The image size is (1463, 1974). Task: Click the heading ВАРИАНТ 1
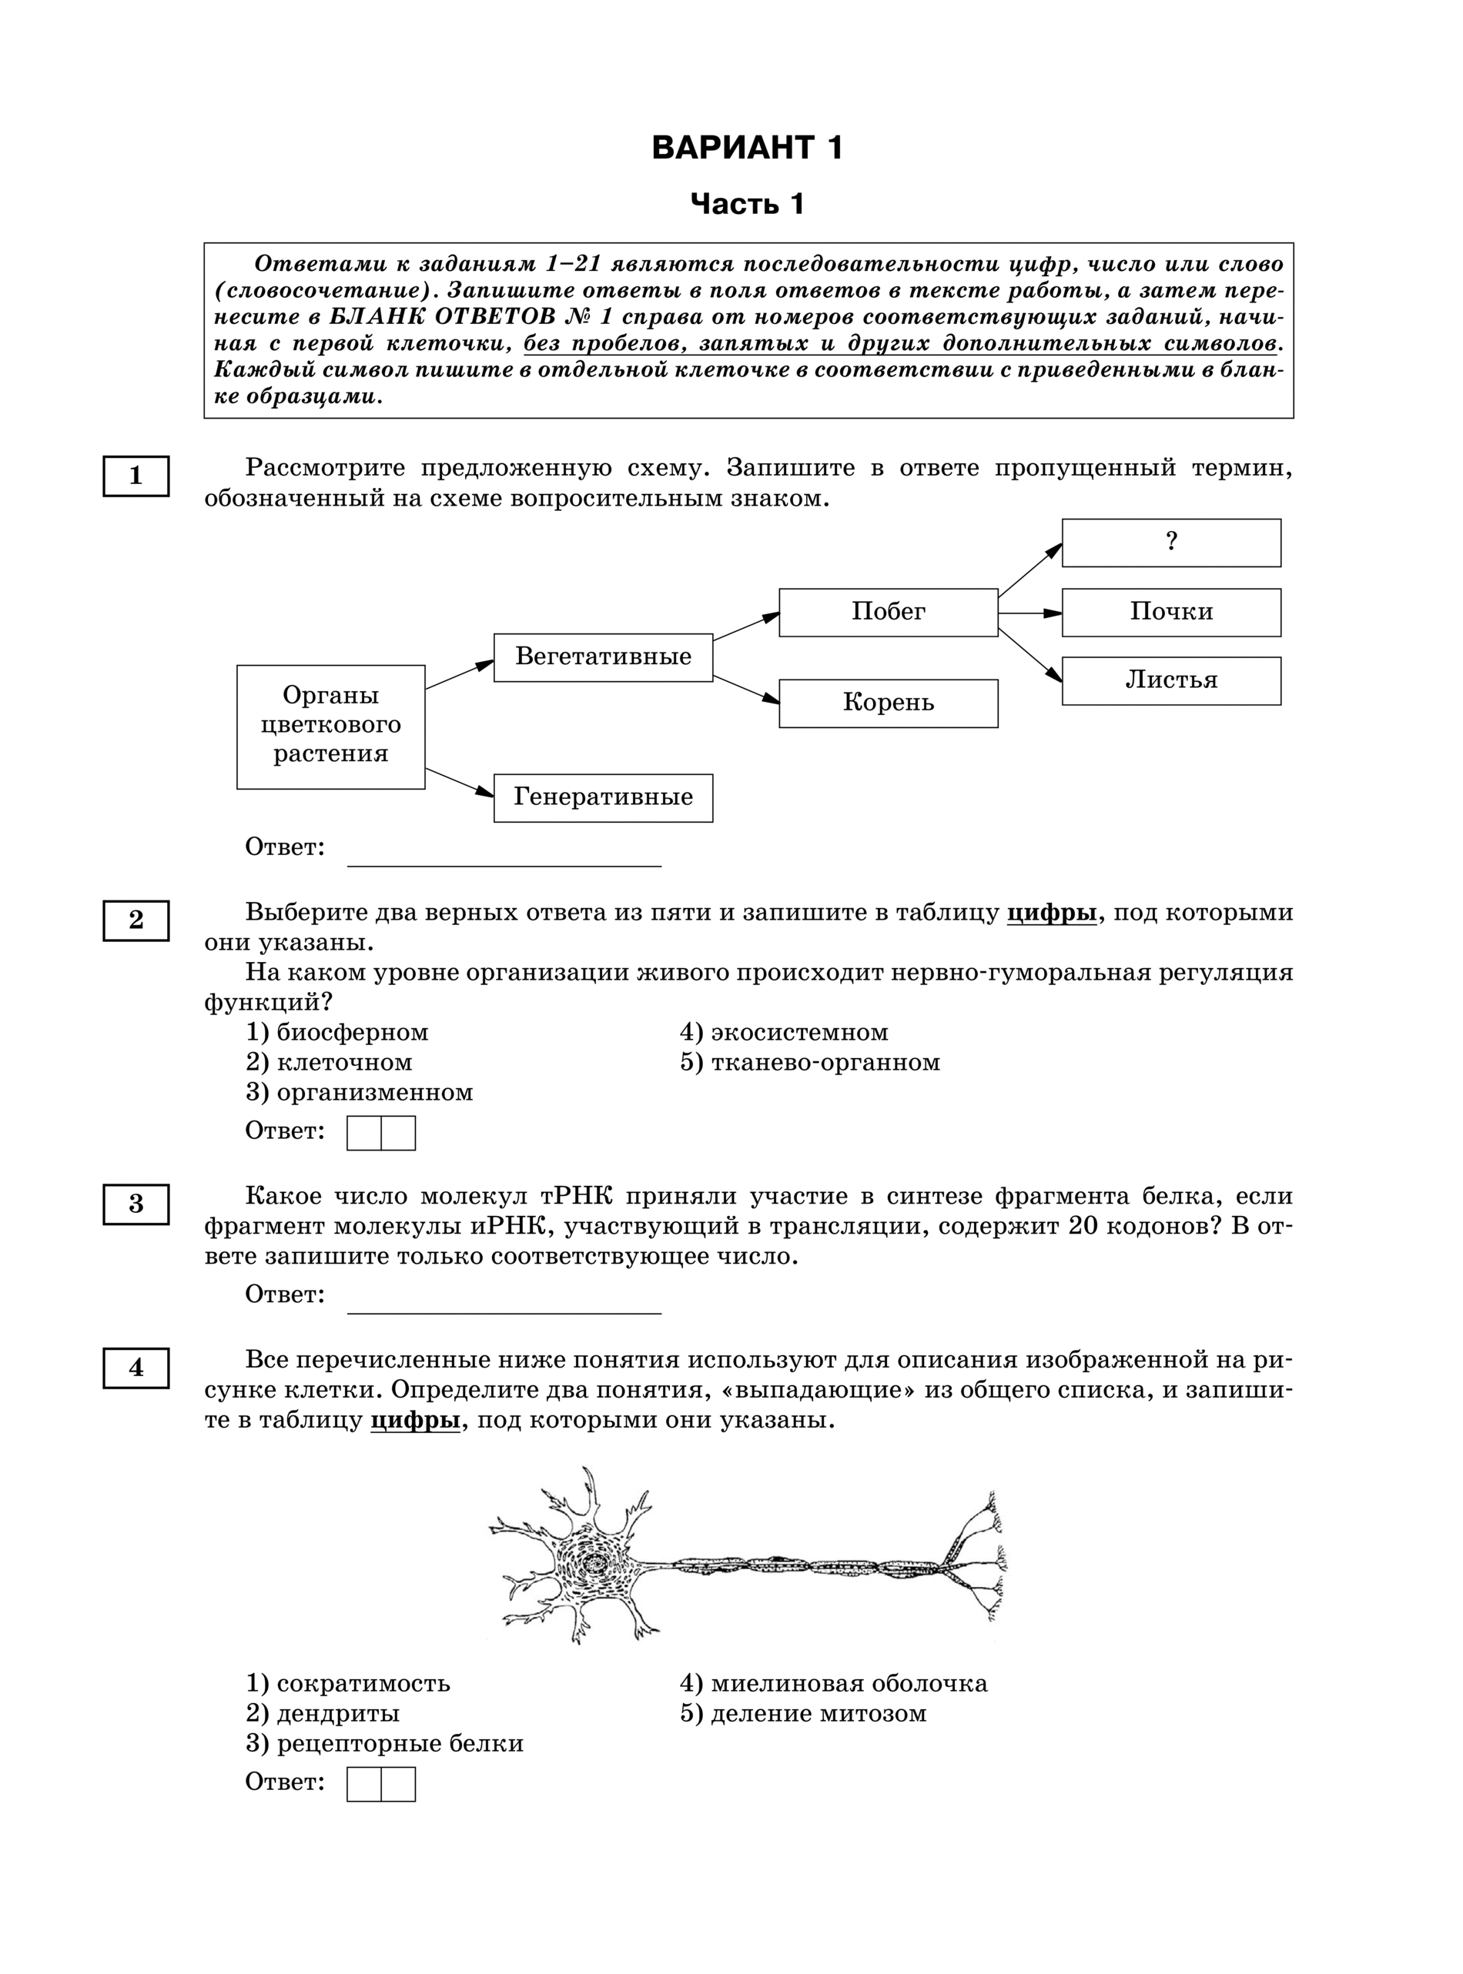pyautogui.click(x=747, y=148)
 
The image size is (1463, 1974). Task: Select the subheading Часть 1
pyautogui.click(x=747, y=205)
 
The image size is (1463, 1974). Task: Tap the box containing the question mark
pyautogui.click(x=1170, y=543)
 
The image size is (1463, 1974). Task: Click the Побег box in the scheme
pyautogui.click(x=889, y=612)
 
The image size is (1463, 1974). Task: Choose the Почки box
pyautogui.click(x=1170, y=612)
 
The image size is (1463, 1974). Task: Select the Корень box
pyautogui.click(x=889, y=703)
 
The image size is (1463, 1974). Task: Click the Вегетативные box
pyautogui.click(x=603, y=656)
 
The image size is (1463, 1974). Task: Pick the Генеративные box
pyautogui.click(x=603, y=797)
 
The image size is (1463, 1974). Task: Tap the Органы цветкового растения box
pyautogui.click(x=330, y=726)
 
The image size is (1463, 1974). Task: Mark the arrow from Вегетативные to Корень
pyautogui.click(x=745, y=690)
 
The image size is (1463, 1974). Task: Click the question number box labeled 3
pyautogui.click(x=136, y=1204)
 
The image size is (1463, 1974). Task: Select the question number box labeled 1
pyautogui.click(x=136, y=476)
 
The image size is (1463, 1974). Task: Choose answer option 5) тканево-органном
pyautogui.click(x=809, y=1062)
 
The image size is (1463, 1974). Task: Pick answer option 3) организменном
pyautogui.click(x=360, y=1092)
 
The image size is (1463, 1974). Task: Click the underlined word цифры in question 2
pyautogui.click(x=1052, y=913)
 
